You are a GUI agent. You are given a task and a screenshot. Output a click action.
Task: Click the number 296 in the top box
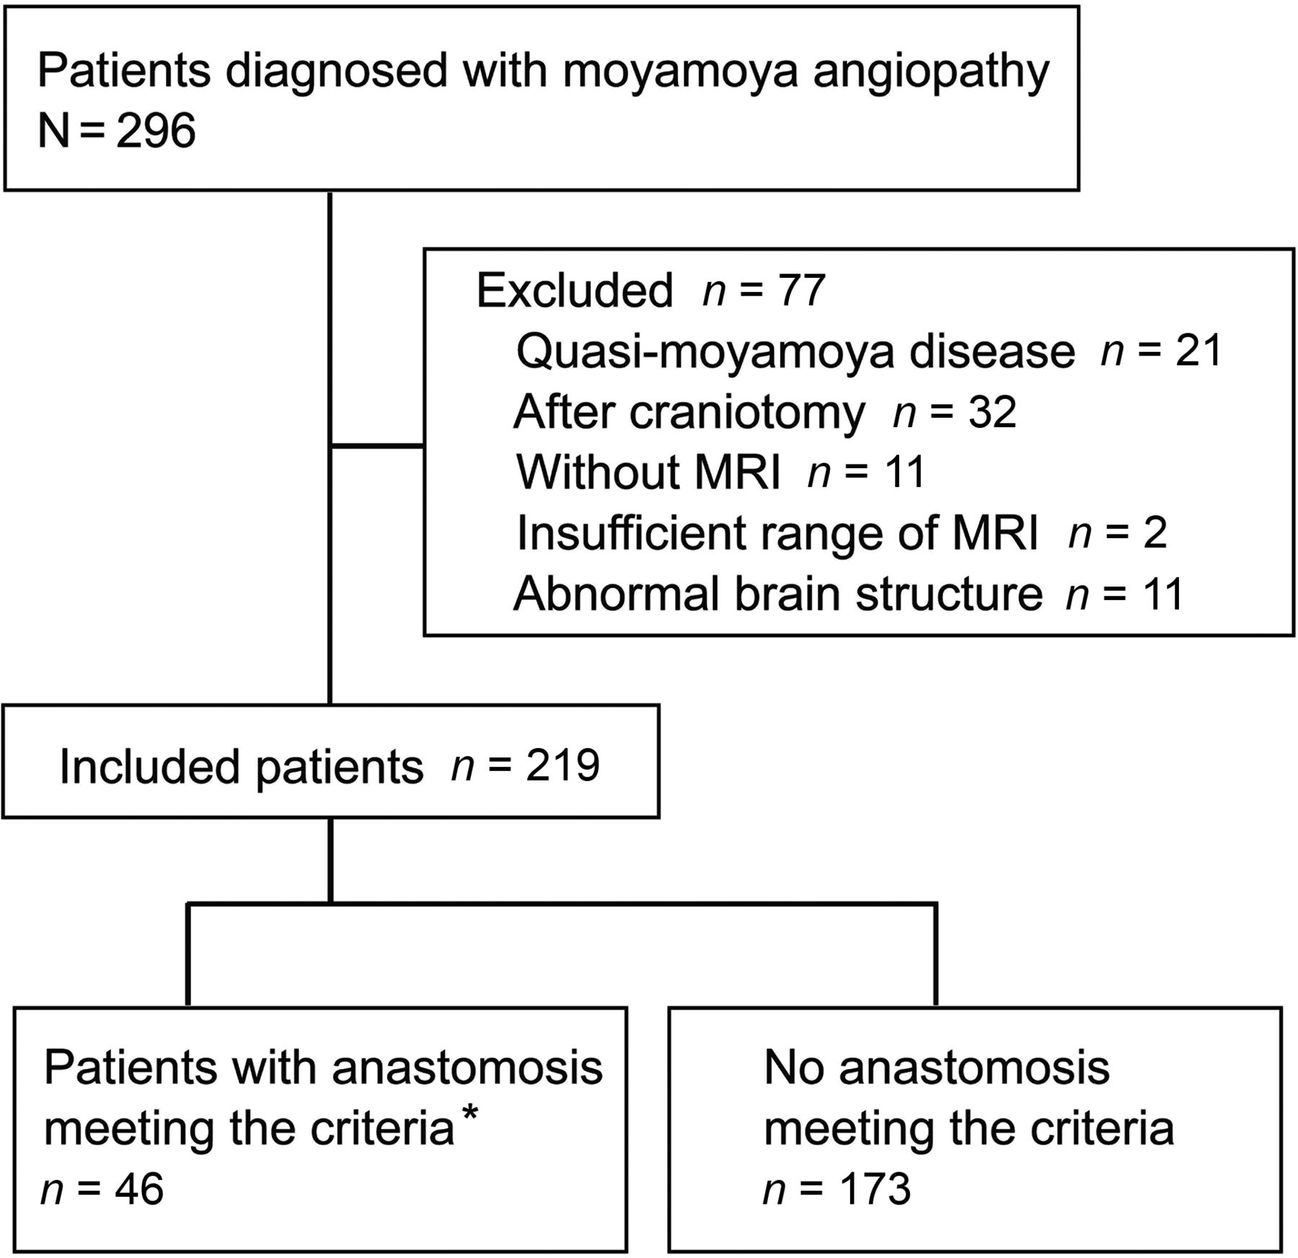156,131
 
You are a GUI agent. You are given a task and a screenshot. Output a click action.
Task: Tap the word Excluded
575,291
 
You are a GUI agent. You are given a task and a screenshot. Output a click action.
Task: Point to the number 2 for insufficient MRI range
1154,533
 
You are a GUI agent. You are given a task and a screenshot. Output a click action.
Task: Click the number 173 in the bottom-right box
873,1188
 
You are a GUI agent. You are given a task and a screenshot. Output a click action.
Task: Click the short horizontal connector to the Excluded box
376,447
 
